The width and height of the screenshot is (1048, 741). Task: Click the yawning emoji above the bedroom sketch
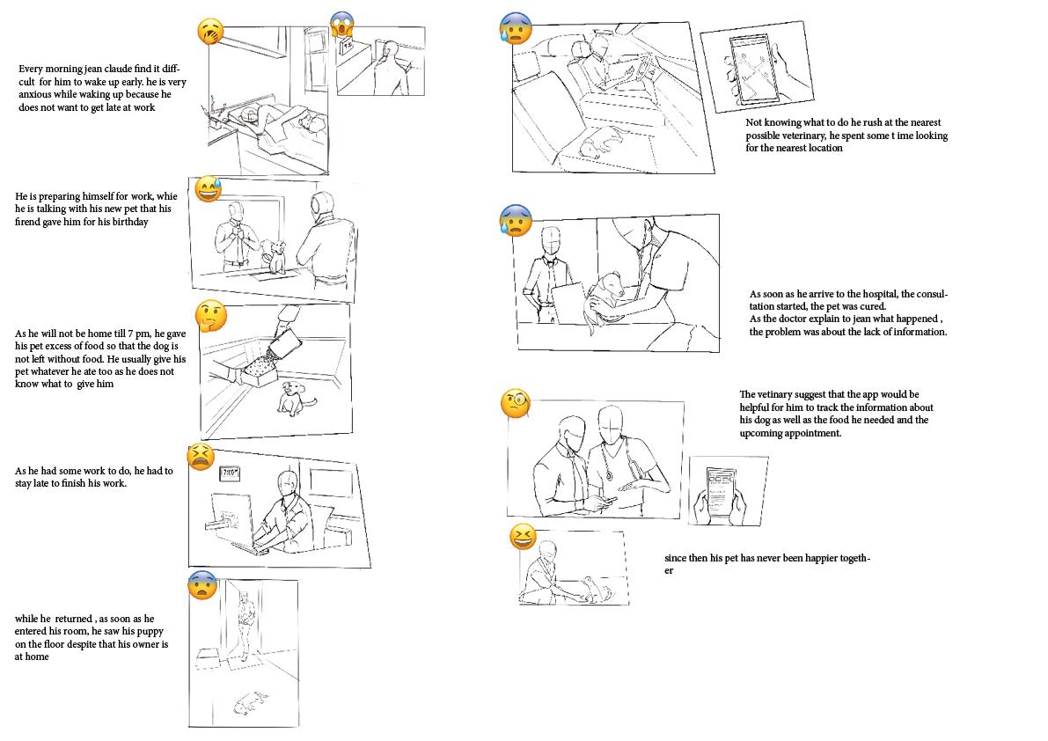point(210,33)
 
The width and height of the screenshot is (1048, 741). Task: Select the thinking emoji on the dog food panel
point(210,314)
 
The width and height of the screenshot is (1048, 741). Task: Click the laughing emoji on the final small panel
point(523,536)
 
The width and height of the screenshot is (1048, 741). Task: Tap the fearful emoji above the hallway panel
point(202,584)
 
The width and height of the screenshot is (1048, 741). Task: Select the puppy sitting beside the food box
point(293,400)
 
